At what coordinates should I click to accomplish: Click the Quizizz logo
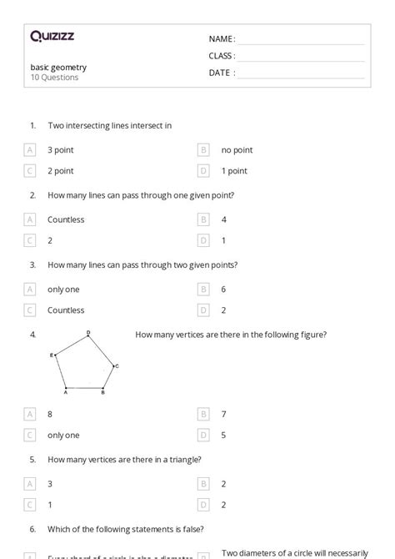[52, 36]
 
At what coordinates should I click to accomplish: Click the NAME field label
[222, 39]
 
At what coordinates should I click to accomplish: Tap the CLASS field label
[222, 56]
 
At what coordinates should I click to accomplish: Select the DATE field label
[222, 73]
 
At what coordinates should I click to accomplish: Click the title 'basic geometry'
[58, 68]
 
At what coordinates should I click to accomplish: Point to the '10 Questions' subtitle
[54, 78]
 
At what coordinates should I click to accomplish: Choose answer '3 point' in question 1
[60, 150]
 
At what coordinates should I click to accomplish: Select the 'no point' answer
[237, 150]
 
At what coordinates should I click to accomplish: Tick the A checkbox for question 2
[30, 220]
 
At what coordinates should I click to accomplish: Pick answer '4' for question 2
[224, 220]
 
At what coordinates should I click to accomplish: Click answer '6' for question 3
[224, 290]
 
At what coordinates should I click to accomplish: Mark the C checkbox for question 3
[30, 310]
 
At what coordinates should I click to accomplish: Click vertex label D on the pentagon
[88, 333]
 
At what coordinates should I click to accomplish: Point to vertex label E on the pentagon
[52, 355]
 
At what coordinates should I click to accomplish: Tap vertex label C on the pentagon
[117, 365]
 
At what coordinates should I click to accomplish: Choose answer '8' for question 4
[50, 414]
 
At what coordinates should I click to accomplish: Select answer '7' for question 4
[224, 414]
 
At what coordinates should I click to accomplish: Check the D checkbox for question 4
[203, 435]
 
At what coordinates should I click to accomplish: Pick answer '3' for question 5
[50, 484]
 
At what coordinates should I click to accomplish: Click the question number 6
[32, 528]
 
